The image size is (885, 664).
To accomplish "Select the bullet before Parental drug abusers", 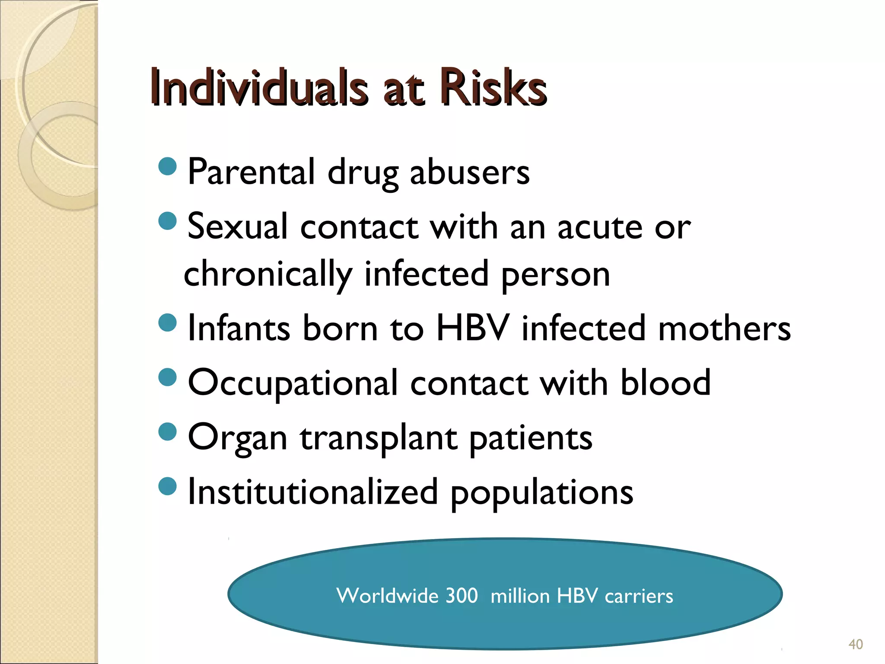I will (168, 166).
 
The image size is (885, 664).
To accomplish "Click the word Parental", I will (251, 172).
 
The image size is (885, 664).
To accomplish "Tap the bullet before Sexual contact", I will (168, 221).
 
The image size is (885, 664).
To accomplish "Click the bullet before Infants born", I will (168, 322).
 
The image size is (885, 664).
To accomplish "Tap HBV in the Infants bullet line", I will (472, 329).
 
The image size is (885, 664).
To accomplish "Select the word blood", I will (665, 382).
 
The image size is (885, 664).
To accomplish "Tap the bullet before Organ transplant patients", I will (168, 431).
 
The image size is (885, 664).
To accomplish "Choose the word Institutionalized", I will (313, 492).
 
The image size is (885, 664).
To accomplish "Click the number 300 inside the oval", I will (462, 596).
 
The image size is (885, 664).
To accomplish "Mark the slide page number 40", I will (856, 644).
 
